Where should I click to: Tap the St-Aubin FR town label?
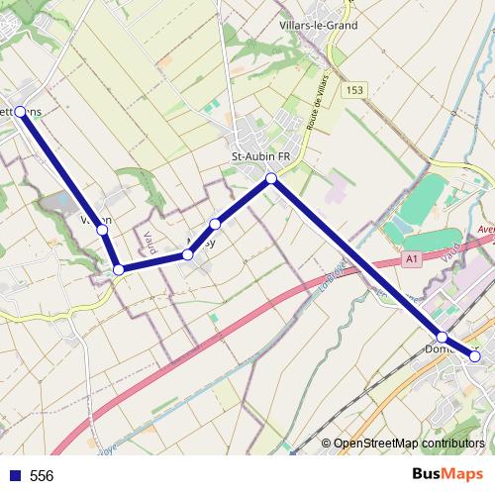point(260,156)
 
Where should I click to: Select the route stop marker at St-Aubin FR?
point(271,179)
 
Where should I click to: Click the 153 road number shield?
point(354,90)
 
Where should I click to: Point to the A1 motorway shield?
point(409,258)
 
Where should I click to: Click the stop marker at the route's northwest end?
point(21,112)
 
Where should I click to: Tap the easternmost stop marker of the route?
point(475,355)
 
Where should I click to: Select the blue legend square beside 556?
point(13,476)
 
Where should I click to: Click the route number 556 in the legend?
point(42,476)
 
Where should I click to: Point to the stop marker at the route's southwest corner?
point(118,269)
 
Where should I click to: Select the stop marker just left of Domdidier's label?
point(442,338)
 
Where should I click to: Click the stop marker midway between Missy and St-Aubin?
point(216,224)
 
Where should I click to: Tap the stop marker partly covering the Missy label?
point(187,255)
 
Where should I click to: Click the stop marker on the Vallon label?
point(102,230)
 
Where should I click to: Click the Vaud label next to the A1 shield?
point(450,252)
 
